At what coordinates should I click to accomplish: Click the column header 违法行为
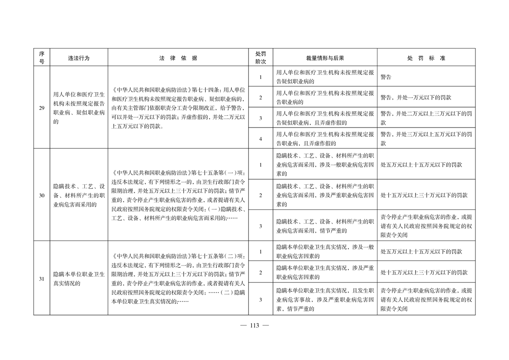(79, 58)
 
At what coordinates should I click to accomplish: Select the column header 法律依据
(178, 58)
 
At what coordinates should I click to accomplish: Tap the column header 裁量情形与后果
(325, 58)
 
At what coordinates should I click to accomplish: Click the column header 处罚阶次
(260, 58)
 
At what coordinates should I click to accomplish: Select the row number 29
(42, 108)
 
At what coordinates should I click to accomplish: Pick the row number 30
(42, 195)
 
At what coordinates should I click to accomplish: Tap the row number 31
(42, 278)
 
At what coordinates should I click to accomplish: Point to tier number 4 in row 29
(260, 139)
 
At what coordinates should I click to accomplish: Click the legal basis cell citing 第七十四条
(178, 108)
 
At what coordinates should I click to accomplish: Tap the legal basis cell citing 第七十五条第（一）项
(178, 195)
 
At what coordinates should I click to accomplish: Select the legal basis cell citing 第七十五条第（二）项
(178, 278)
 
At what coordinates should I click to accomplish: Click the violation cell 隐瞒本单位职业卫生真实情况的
(79, 278)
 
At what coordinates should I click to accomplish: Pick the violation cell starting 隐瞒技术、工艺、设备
(79, 195)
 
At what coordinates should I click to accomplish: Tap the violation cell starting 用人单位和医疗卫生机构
(79, 108)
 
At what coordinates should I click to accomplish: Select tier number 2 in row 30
(260, 195)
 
